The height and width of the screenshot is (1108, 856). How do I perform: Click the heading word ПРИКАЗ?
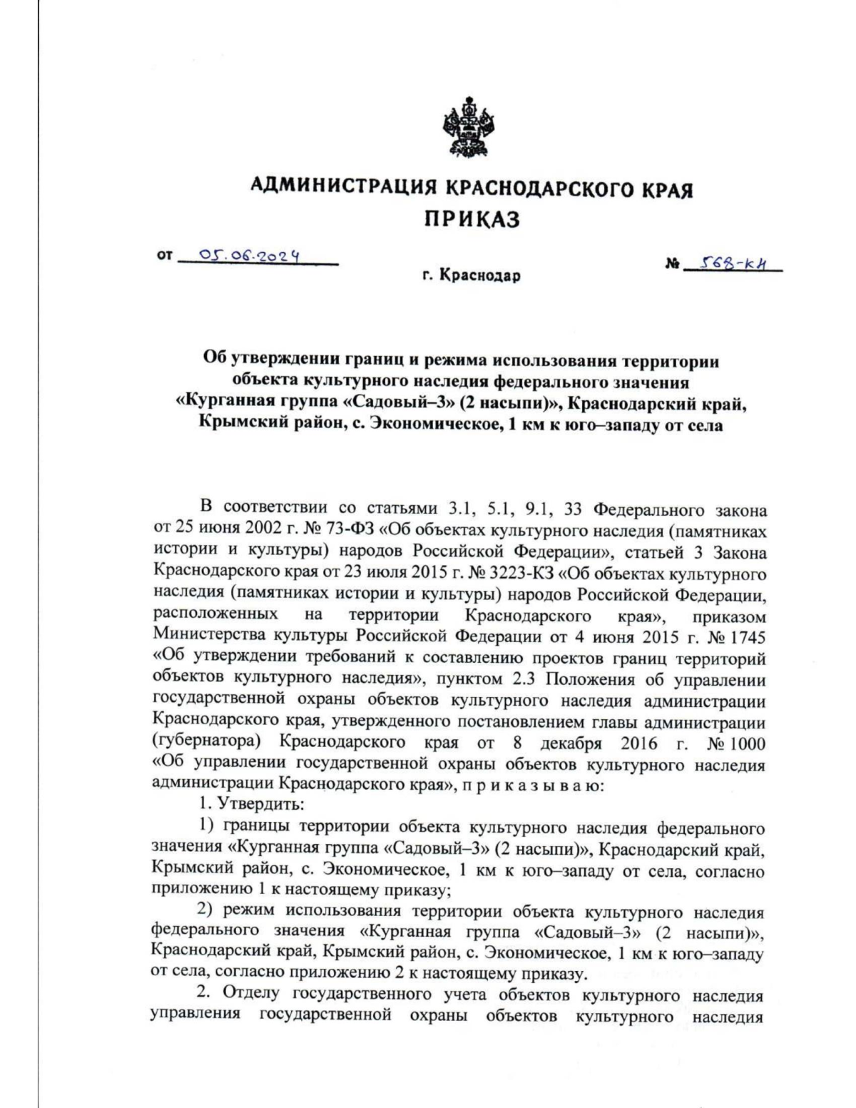pyautogui.click(x=472, y=219)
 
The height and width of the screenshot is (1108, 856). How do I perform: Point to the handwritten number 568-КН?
pyautogui.click(x=730, y=262)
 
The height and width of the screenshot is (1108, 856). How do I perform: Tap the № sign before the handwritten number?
pyautogui.click(x=671, y=265)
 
